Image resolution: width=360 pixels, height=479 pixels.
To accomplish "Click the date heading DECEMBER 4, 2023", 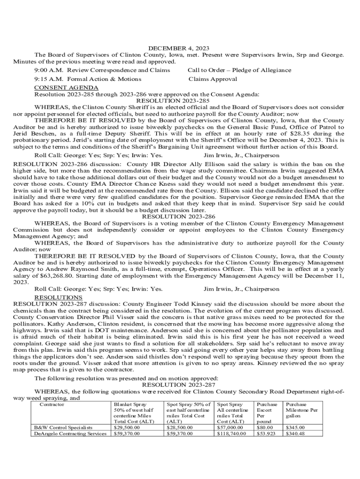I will click(x=179, y=48).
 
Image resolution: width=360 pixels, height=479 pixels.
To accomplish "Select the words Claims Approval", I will click(x=212, y=79).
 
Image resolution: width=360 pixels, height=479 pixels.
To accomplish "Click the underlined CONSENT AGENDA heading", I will click(x=66, y=88).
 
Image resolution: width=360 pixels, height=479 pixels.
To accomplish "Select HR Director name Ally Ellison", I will click(x=209, y=164).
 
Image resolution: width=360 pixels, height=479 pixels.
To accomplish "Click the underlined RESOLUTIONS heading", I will click(x=58, y=298).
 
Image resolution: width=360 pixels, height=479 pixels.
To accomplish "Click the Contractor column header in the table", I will click(x=52, y=405).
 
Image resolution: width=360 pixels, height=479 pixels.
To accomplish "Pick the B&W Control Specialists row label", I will click(x=63, y=428).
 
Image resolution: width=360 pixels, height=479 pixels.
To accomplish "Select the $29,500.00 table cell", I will click(x=127, y=428).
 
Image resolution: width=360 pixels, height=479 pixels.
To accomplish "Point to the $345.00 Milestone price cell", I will click(x=295, y=428).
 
